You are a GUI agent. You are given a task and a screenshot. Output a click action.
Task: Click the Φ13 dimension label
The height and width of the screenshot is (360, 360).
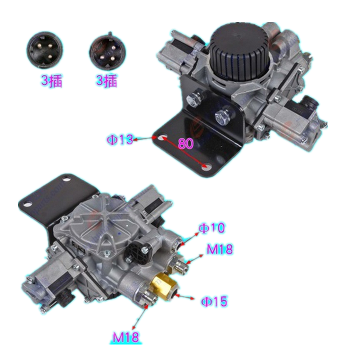120,139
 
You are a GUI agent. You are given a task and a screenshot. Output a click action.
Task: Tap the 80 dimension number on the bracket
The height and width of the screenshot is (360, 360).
186,144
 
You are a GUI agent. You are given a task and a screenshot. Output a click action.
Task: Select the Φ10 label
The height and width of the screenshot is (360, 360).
211,228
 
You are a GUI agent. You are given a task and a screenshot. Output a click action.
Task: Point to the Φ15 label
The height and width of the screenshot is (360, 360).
214,301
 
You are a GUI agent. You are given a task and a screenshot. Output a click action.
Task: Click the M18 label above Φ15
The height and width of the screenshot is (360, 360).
220,249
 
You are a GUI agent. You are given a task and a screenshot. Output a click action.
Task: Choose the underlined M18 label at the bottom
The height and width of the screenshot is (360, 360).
126,337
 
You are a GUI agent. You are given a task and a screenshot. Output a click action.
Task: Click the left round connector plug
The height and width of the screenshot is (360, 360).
45,50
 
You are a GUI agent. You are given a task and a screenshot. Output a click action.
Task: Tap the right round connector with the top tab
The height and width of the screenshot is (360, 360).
108,51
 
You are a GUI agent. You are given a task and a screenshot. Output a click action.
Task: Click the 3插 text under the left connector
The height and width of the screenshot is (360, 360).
52,81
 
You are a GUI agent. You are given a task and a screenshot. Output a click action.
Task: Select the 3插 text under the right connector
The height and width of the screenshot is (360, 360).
107,81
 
